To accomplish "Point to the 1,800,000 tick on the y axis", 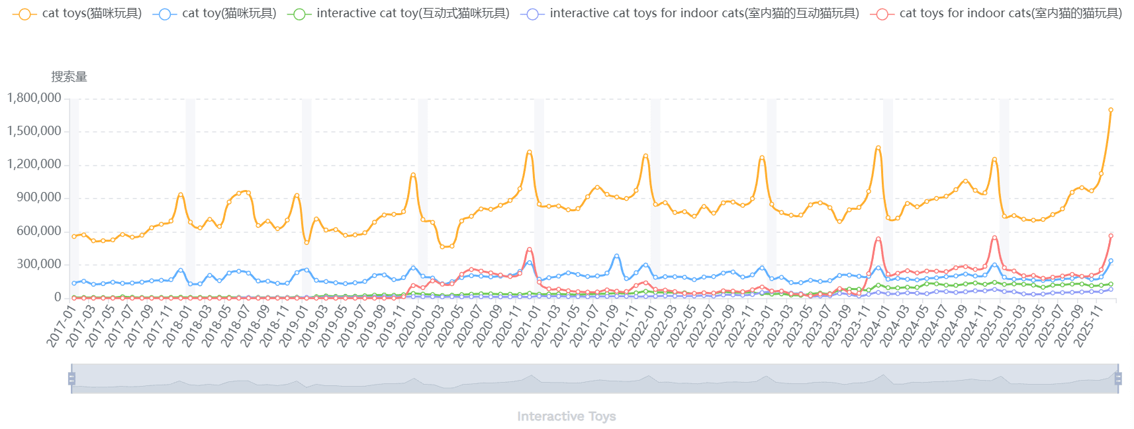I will pos(34,98).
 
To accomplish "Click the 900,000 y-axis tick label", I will pos(34,197).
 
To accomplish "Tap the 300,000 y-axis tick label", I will pos(34,264).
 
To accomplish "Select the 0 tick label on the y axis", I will pos(58,297).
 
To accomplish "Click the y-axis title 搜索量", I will pos(69,77).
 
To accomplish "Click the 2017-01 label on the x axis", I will pos(60,325).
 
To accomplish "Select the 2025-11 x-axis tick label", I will pos(1087,325).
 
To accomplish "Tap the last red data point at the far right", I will pos(1111,236).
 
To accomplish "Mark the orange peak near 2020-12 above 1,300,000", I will pos(530,152).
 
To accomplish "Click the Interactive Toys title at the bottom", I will pos(566,416).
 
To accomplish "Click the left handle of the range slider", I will pos(71,378).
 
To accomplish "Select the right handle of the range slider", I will pos(1118,378).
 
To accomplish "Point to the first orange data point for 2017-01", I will pos(74,236).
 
